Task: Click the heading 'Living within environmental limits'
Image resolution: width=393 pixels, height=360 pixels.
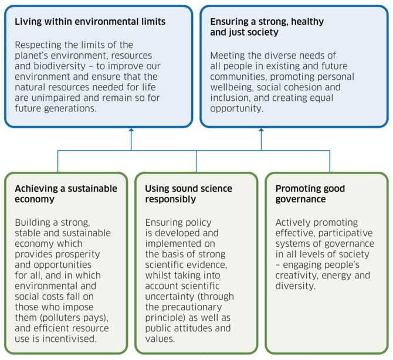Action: pyautogui.click(x=90, y=22)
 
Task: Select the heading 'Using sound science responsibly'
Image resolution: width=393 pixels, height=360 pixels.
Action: pyautogui.click(x=188, y=193)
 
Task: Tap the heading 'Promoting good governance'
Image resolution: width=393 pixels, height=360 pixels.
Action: pyautogui.click(x=310, y=193)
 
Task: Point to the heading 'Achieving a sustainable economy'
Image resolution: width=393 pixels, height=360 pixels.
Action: pyautogui.click(x=66, y=193)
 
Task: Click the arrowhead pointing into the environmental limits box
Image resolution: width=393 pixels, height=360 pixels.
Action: pyautogui.click(x=131, y=130)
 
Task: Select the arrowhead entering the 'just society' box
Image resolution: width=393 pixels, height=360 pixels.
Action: pyautogui.click(x=261, y=130)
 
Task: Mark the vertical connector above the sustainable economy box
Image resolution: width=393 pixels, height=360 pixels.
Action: pyautogui.click(x=58, y=161)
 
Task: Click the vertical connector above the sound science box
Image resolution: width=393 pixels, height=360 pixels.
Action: pyautogui.click(x=196, y=161)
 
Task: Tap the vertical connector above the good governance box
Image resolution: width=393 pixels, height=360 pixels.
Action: pyautogui.click(x=330, y=161)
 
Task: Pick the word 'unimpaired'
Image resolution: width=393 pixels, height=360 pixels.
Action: pyautogui.click(x=56, y=98)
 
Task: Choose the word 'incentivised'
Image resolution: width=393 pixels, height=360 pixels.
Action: pyautogui.click(x=70, y=339)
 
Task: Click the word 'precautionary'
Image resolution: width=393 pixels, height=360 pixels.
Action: pyautogui.click(x=192, y=307)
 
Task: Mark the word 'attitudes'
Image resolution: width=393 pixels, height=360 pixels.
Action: pyautogui.click(x=193, y=328)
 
